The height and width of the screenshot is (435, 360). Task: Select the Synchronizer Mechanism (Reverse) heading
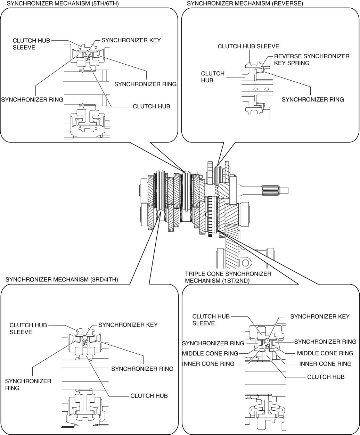tap(245, 3)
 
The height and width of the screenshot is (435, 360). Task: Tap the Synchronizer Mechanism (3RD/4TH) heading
tap(62, 279)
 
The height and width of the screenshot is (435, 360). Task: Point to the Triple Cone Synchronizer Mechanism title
tap(228, 277)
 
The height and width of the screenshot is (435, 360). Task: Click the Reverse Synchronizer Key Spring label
tap(311, 59)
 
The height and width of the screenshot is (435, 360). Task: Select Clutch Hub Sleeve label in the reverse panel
tap(248, 46)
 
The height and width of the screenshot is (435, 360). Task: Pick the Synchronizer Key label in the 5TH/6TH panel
tap(131, 40)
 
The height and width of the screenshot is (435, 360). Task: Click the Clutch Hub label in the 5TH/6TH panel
tap(152, 106)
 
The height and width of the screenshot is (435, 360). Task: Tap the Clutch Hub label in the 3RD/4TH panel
tap(149, 396)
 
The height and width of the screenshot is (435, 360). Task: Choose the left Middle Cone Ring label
tap(210, 354)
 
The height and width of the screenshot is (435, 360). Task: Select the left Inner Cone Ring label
tap(208, 364)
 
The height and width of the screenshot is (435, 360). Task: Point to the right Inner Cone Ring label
tap(325, 364)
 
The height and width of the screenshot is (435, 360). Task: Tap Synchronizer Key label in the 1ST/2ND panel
tap(320, 317)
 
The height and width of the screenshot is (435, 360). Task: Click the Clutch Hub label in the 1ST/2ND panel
tap(326, 377)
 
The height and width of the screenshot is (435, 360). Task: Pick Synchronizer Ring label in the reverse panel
tap(313, 99)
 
